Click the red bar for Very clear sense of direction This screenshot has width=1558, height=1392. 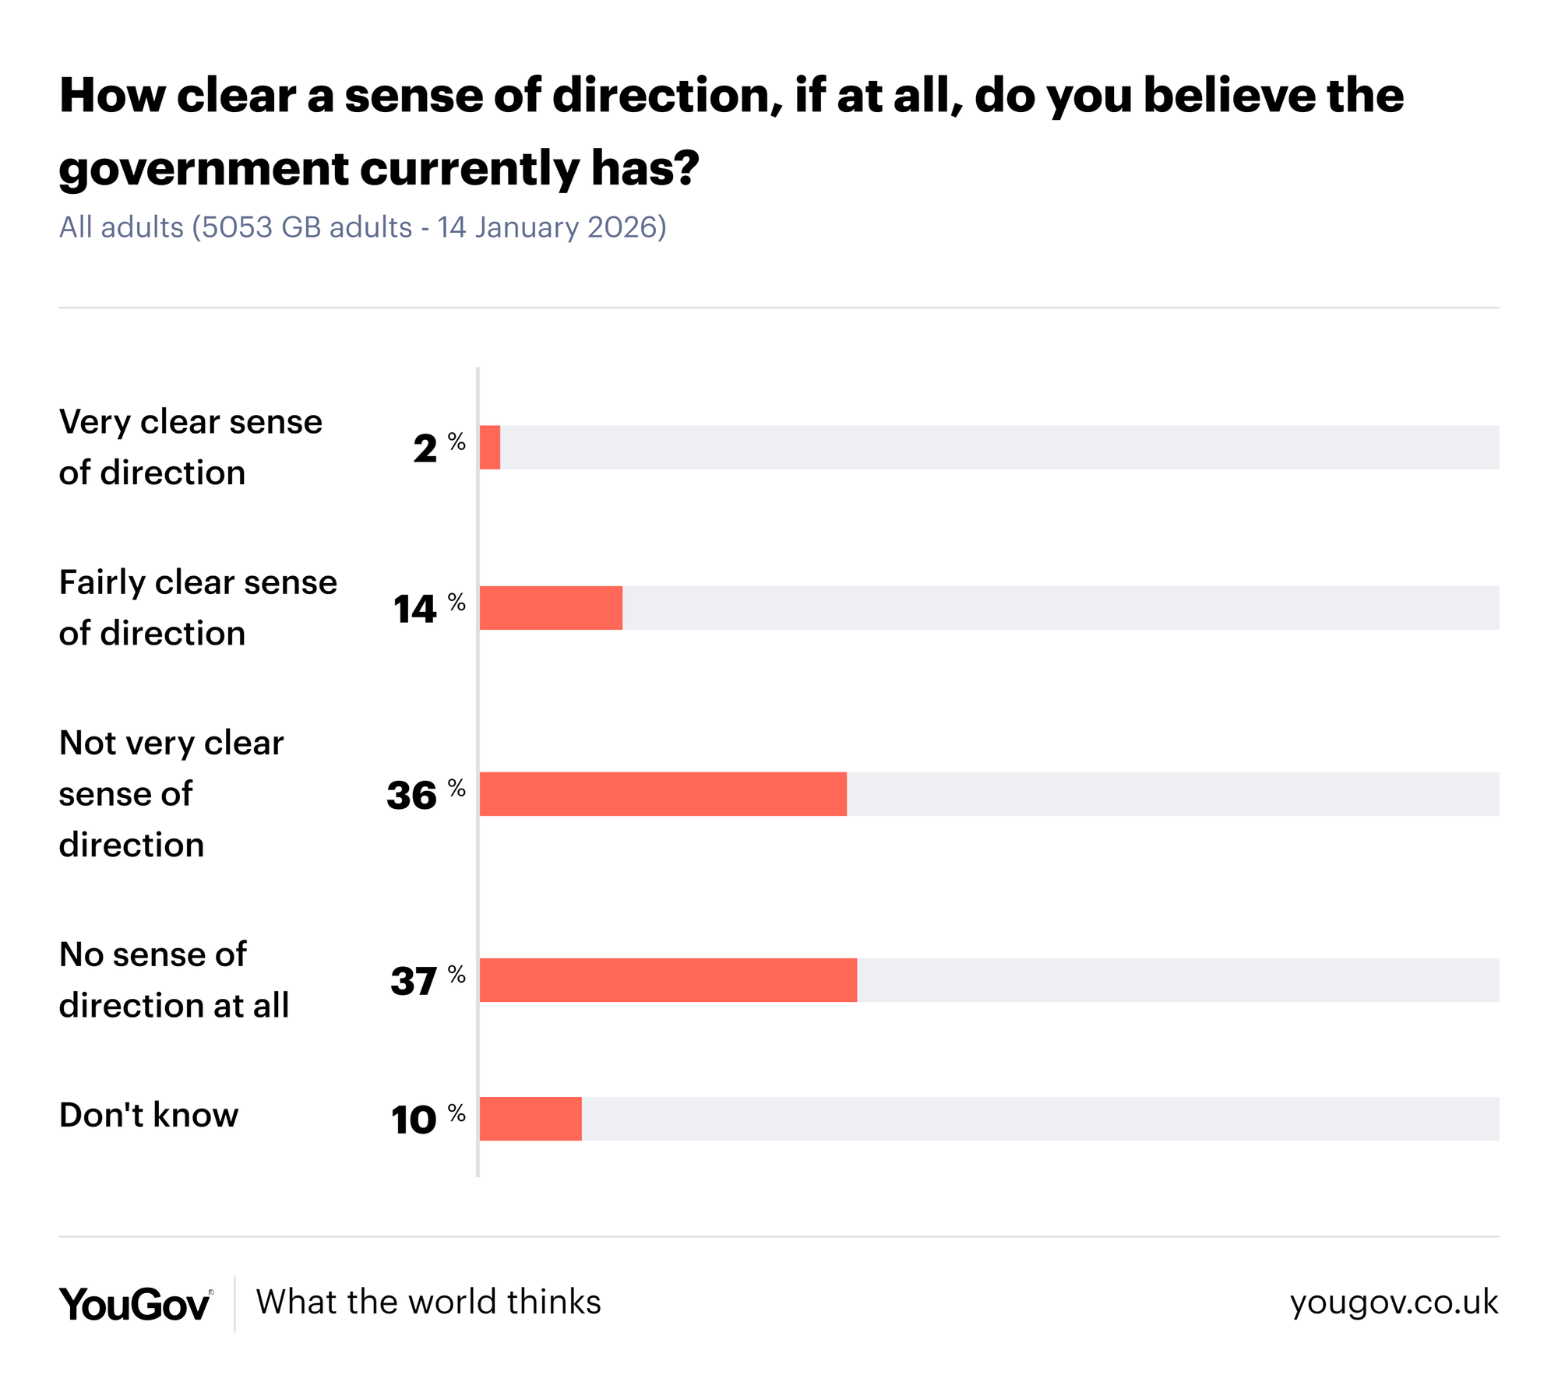tap(490, 448)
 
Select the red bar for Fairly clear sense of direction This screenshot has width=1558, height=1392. tap(551, 608)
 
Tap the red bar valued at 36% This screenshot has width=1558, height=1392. tap(663, 794)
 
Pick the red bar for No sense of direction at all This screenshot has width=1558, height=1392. tap(668, 980)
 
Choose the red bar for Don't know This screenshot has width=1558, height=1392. tap(530, 1119)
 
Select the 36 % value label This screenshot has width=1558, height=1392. tap(425, 794)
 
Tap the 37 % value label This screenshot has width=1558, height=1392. tap(427, 980)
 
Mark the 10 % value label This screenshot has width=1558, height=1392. tap(427, 1119)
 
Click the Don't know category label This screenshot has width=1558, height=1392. tap(149, 1116)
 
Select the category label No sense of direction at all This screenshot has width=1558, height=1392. tap(174, 980)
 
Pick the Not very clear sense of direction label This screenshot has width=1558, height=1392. tap(171, 794)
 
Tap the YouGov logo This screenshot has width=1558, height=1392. tap(135, 1304)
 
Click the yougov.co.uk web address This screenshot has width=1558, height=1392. tap(1394, 1302)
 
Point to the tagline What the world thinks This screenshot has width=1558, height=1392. tap(428, 1302)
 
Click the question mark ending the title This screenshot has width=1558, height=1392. tap(687, 167)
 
